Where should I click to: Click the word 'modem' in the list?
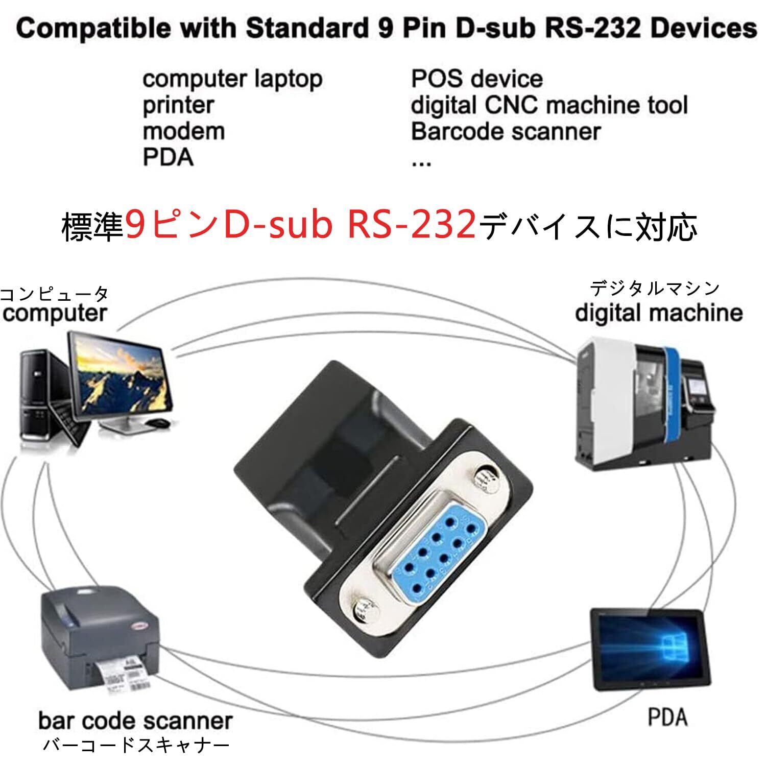[183, 131]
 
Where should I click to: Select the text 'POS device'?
[476, 79]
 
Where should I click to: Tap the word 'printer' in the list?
[178, 105]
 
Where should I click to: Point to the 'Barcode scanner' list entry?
[506, 131]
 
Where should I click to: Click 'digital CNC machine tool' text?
[549, 105]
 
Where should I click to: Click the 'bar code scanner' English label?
[135, 721]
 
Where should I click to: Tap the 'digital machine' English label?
[658, 312]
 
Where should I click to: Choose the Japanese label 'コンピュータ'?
[55, 295]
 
